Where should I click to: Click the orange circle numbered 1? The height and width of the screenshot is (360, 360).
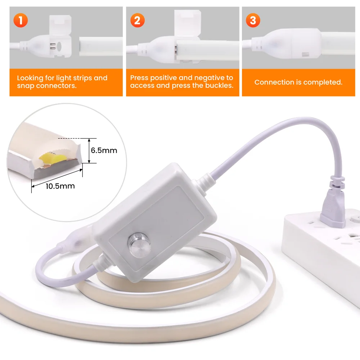(21, 21)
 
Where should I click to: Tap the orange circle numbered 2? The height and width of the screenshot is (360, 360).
(138, 21)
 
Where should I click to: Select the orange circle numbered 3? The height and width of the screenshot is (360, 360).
(253, 21)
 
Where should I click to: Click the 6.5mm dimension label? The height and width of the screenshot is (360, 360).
(104, 150)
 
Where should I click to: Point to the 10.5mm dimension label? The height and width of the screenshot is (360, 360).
(60, 186)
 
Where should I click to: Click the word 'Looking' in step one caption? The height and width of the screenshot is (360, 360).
(30, 78)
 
